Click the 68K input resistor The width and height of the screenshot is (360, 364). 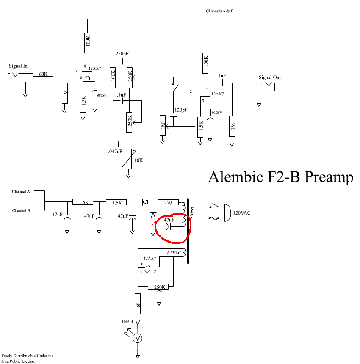click(x=43, y=74)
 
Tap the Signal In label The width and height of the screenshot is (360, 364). click(x=18, y=66)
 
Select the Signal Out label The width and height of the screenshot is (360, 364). click(x=270, y=77)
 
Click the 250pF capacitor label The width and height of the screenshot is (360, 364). click(x=122, y=54)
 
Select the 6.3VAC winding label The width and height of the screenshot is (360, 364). click(x=174, y=253)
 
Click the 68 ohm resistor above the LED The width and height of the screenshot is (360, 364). click(x=138, y=304)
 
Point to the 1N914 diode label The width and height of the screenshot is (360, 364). click(x=127, y=322)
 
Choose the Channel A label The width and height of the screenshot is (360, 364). click(x=21, y=191)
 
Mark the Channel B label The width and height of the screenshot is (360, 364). click(x=21, y=210)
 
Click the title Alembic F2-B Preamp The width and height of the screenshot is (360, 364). click(x=280, y=177)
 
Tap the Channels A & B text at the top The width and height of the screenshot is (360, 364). click(x=219, y=11)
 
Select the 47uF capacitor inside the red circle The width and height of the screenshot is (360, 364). click(x=169, y=226)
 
